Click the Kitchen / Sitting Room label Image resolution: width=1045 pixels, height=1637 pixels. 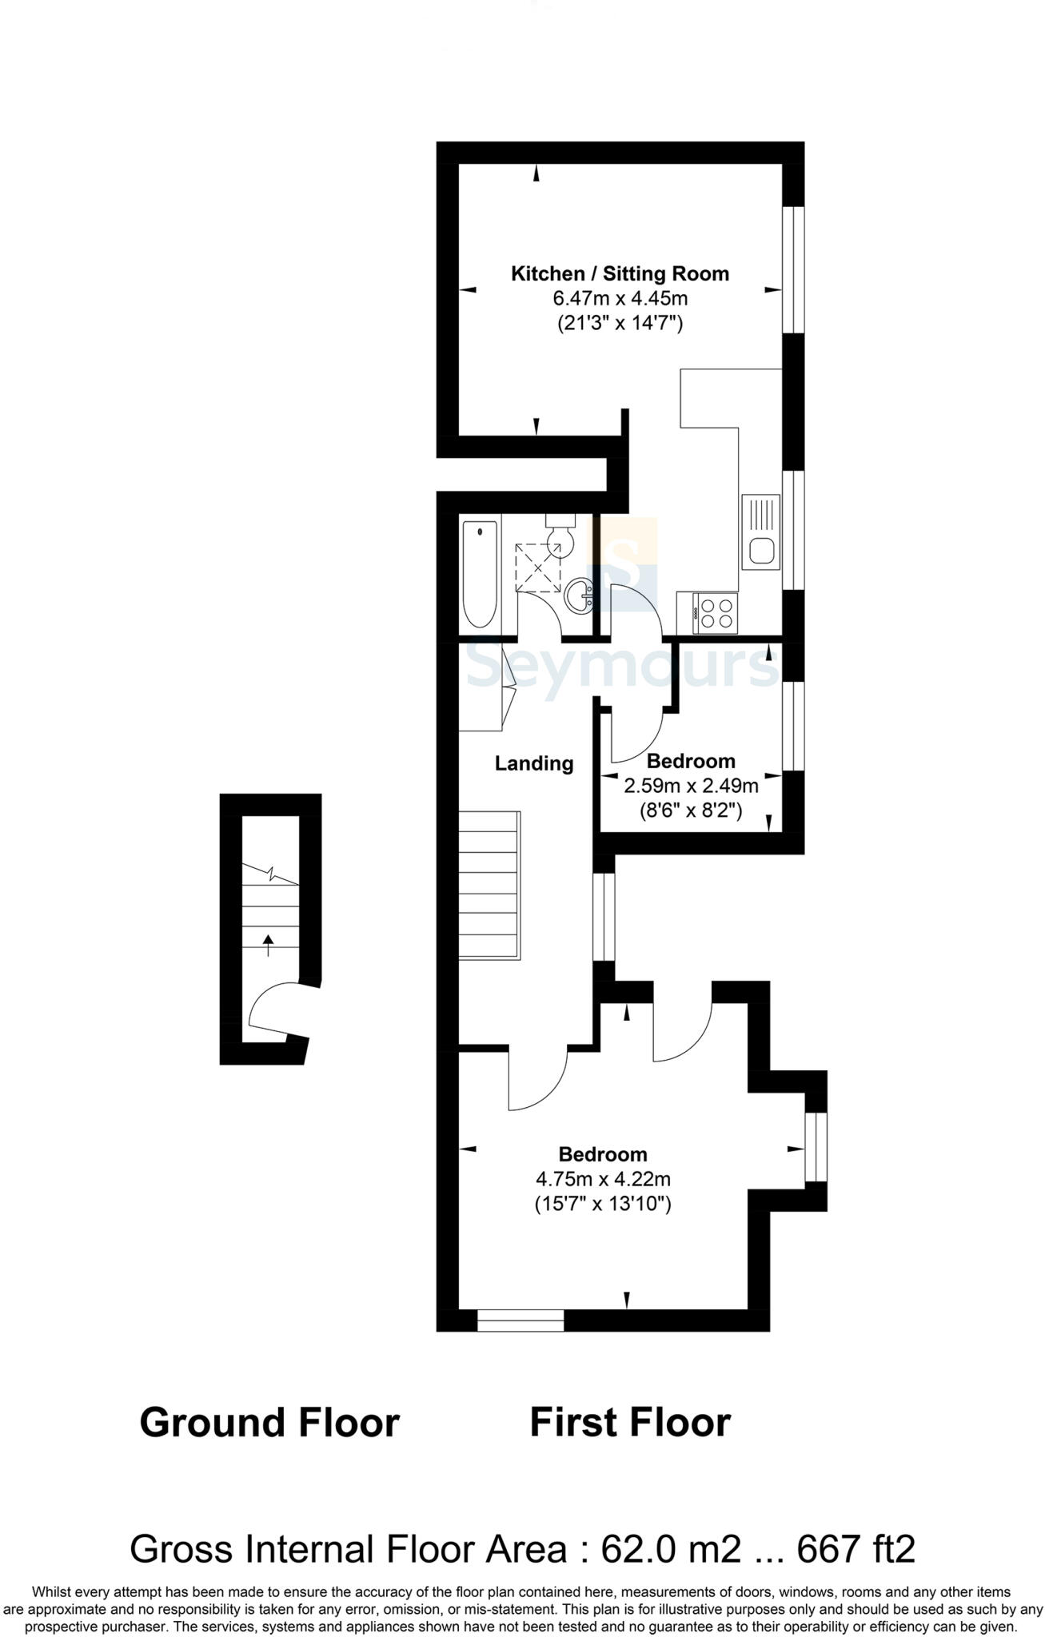(x=620, y=274)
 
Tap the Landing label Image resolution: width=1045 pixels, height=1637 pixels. (x=534, y=763)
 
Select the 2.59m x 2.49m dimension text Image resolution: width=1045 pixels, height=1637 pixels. (x=691, y=786)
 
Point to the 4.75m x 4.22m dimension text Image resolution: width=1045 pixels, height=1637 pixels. (x=603, y=1179)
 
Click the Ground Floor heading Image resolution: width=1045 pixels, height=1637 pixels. (x=269, y=1424)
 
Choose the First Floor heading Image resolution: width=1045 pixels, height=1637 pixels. (x=630, y=1424)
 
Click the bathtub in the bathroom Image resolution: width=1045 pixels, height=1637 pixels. (x=481, y=573)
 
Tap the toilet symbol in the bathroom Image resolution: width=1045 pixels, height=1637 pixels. (x=562, y=539)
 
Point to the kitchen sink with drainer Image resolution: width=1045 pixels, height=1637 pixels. (x=760, y=532)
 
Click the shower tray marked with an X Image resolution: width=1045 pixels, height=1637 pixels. (x=537, y=567)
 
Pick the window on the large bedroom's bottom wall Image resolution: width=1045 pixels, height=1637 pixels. (x=521, y=1320)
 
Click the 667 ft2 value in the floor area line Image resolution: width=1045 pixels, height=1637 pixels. (x=856, y=1549)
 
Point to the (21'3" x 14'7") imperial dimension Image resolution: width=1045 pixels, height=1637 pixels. (x=620, y=324)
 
